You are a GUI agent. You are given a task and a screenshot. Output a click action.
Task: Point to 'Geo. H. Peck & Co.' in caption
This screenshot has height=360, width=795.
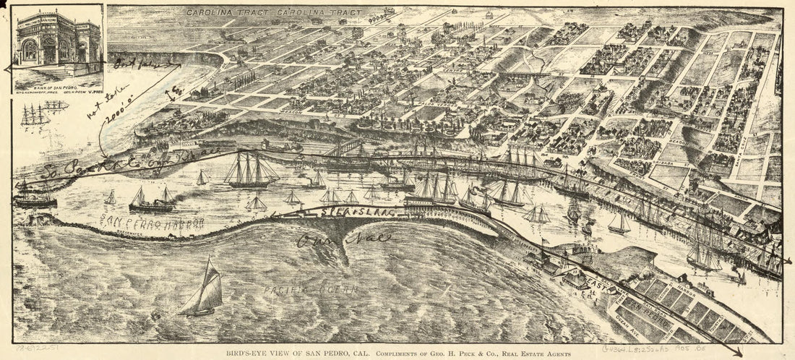[x=426, y=353]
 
